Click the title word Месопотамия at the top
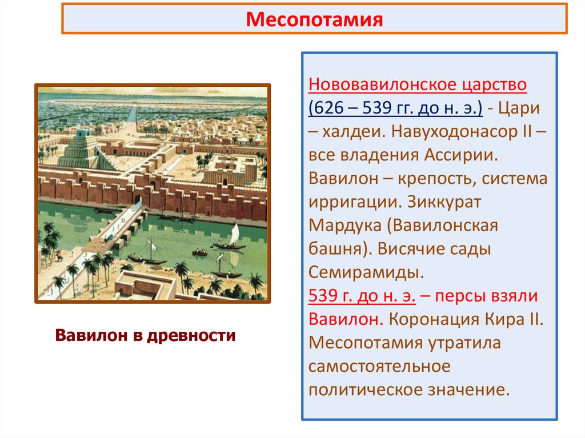click(x=314, y=21)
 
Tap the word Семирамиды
click(x=366, y=272)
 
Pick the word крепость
click(x=424, y=178)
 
